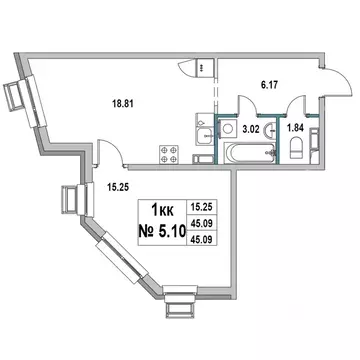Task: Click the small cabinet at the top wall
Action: (203, 67)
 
